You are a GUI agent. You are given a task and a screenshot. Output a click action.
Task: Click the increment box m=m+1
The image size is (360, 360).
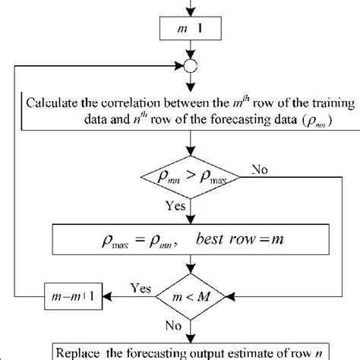pyautogui.click(x=71, y=294)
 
